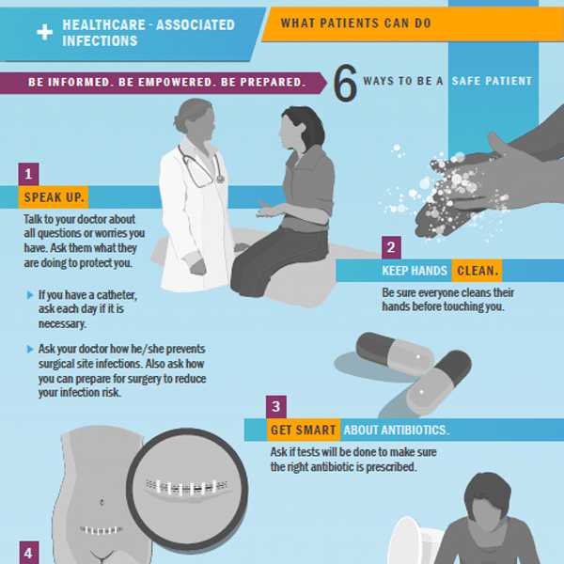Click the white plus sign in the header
point(44,33)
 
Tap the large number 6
point(345,83)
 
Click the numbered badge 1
point(29,175)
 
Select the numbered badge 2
point(391,247)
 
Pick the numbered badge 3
point(276,407)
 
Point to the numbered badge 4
point(29,553)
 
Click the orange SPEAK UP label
point(54,197)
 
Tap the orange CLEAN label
point(477,270)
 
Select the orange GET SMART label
point(304,430)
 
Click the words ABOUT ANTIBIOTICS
point(397,431)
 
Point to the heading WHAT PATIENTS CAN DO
point(355,23)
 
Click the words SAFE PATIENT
point(492,81)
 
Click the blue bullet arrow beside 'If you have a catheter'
point(30,295)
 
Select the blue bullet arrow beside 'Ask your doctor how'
point(30,349)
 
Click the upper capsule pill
point(395,352)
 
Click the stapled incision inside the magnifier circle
point(187,487)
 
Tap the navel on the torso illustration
point(102,501)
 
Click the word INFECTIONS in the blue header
point(100,40)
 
